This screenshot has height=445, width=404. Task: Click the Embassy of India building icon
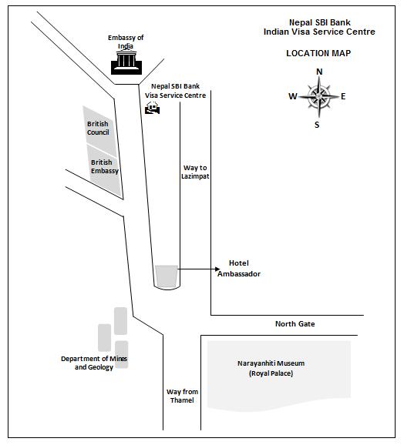(x=126, y=62)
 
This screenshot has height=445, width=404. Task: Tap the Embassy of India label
(x=126, y=42)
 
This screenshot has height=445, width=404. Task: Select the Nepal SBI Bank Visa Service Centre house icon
(x=153, y=108)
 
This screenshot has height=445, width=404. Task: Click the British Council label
(x=98, y=128)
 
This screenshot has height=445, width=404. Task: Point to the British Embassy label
(x=105, y=166)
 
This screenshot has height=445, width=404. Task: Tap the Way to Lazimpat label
(x=195, y=172)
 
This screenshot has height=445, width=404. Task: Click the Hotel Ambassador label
(x=239, y=269)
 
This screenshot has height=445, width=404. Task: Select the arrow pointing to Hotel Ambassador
(x=199, y=269)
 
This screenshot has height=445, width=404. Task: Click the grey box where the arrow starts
(x=167, y=276)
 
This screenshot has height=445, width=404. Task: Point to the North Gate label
(x=295, y=324)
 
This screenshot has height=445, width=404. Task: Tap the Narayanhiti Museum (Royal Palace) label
(x=271, y=368)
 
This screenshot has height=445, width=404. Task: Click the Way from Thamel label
(x=182, y=396)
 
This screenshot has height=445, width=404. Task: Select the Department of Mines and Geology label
(x=94, y=363)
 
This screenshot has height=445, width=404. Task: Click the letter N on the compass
(x=319, y=72)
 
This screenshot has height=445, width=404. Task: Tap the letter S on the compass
(x=317, y=125)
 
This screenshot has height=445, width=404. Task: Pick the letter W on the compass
(x=293, y=96)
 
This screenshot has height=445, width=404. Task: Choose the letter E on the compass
(x=343, y=96)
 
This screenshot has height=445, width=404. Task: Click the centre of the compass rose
(x=318, y=97)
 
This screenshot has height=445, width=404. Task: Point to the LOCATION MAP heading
(x=318, y=53)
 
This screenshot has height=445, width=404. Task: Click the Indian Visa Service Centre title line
(x=319, y=32)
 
